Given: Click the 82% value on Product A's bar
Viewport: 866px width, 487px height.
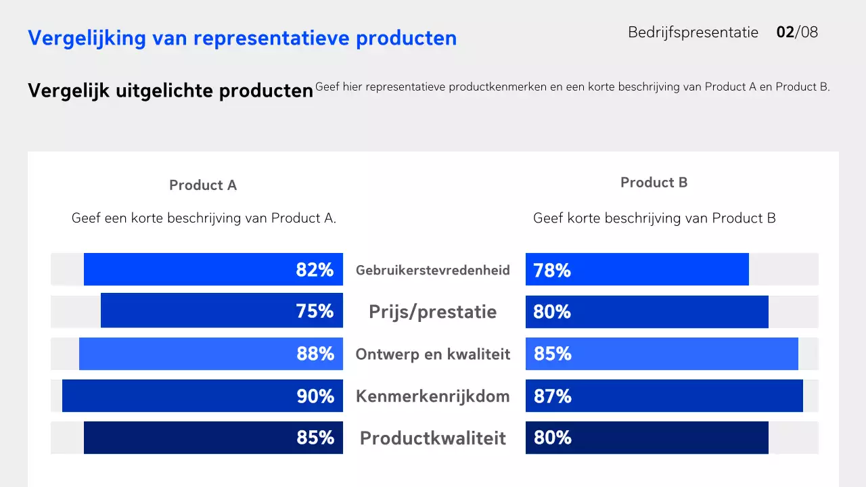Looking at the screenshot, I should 315,270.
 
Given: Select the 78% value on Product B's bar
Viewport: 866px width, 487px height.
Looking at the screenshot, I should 552,271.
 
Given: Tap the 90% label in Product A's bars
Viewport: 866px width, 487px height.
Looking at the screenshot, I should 315,396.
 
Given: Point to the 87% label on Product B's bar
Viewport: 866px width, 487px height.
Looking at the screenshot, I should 553,396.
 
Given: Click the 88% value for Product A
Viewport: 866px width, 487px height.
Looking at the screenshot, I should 315,354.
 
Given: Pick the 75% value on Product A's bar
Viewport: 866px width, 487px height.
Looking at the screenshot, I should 315,311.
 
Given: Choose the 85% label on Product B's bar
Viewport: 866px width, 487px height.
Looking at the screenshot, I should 553,354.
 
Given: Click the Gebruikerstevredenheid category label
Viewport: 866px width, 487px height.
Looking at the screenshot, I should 433,271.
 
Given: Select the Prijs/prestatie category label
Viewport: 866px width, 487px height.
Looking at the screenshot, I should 433,312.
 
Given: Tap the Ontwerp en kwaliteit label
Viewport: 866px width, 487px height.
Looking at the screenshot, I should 433,354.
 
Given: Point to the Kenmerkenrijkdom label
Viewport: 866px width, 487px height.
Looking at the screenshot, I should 433,396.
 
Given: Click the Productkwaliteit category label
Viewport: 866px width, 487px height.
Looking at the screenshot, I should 433,438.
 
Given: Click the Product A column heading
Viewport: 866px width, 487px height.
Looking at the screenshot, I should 203,185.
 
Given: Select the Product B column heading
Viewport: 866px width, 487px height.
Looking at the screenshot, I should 654,183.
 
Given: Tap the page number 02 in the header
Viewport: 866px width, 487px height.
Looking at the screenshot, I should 785,32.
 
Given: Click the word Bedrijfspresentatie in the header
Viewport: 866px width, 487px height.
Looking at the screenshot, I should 693,32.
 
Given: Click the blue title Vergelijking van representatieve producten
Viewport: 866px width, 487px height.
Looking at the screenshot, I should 242,39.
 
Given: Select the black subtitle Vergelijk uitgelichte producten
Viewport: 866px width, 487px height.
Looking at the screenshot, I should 170,91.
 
